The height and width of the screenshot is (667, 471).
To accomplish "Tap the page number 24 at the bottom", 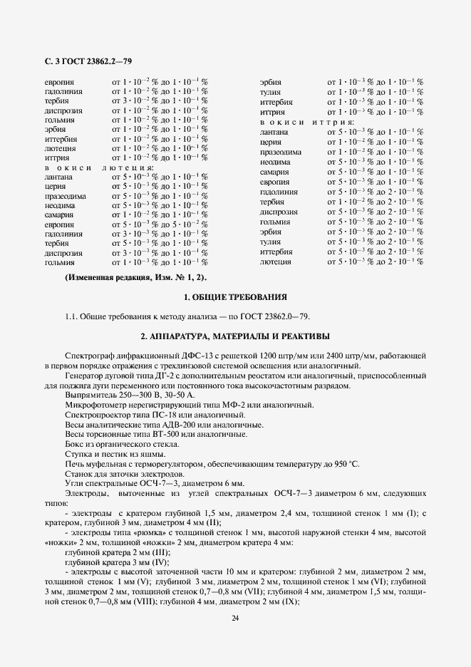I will pos(235,618).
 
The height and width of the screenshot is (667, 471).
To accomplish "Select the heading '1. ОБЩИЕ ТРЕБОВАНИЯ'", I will pos(235,296).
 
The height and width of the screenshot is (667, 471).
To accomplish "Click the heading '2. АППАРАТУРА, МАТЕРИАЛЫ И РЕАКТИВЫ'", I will pos(235,336).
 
